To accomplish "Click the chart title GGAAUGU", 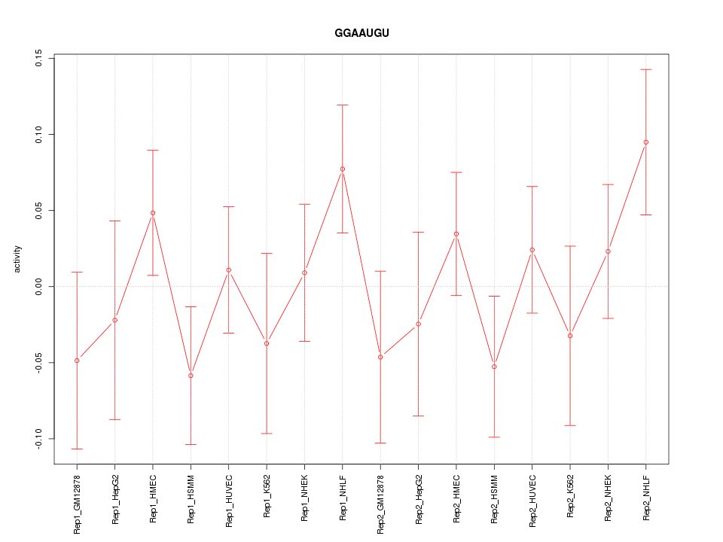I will (x=361, y=33).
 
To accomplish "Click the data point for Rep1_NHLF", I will (x=343, y=169).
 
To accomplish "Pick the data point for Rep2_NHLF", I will (x=646, y=142).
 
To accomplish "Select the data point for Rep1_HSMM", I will (x=191, y=376).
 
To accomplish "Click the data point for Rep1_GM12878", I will (x=77, y=361).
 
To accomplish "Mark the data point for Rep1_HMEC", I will (x=153, y=213).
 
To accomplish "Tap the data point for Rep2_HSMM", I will (x=494, y=367).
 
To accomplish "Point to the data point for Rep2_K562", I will (x=570, y=336).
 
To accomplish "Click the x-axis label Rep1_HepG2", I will (x=115, y=498).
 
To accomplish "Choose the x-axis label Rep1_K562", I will (x=267, y=496).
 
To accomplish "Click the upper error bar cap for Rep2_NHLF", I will (x=646, y=69).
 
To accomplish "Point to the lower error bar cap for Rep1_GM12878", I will (x=77, y=449).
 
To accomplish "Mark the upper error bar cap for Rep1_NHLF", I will (x=343, y=105).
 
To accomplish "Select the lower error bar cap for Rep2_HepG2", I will (x=419, y=416).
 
